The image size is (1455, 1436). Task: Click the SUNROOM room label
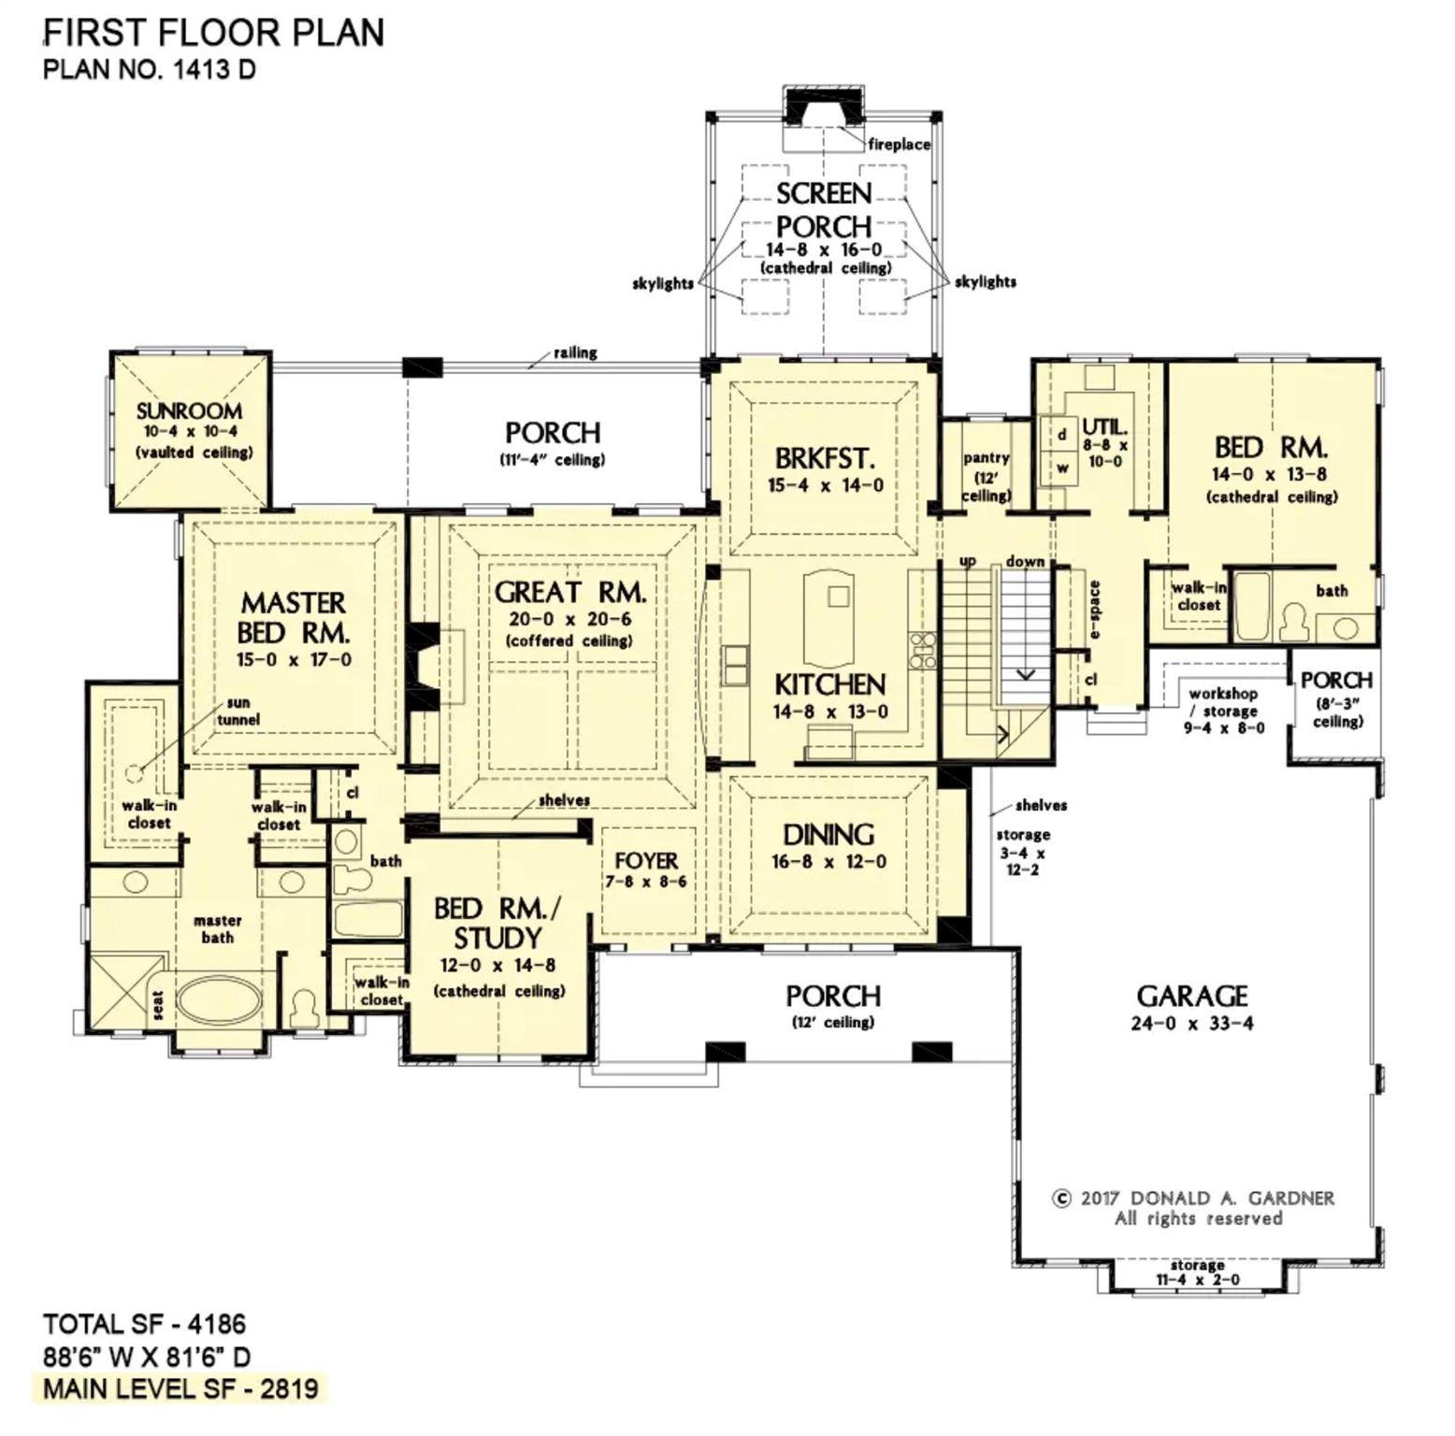click(x=189, y=411)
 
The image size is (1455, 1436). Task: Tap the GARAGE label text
click(x=1192, y=997)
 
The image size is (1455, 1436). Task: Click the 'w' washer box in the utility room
click(x=1062, y=467)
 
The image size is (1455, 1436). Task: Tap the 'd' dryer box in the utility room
click(x=1062, y=435)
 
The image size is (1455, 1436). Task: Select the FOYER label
click(x=646, y=860)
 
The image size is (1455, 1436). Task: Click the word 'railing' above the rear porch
click(x=575, y=352)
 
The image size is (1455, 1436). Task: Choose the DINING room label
click(x=828, y=834)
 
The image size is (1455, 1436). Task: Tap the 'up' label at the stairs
click(x=968, y=561)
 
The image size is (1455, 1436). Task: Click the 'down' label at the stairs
click(x=1025, y=561)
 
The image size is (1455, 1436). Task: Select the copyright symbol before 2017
click(x=1061, y=1199)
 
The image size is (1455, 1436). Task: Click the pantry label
click(x=987, y=458)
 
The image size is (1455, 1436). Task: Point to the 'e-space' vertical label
click(x=1095, y=610)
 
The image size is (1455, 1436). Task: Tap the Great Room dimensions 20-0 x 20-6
click(x=570, y=619)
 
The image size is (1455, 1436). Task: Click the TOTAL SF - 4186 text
click(x=144, y=1325)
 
